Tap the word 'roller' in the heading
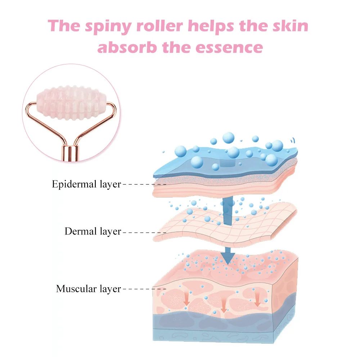[x=159, y=26]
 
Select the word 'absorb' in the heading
[x=127, y=47]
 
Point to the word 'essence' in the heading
[x=229, y=48]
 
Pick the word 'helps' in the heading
[x=211, y=27]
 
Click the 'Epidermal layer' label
[x=86, y=184]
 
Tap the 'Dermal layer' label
[x=93, y=231]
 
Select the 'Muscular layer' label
[x=89, y=289]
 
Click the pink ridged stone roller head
[x=71, y=103]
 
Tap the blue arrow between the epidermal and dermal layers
[x=228, y=211]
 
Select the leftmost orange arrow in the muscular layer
[x=187, y=298]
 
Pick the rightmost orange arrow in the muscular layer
[x=257, y=299]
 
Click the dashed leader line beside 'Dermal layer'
[x=144, y=233]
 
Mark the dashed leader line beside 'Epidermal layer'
[x=144, y=184]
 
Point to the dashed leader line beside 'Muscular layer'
[x=144, y=289]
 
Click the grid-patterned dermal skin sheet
[x=225, y=227]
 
